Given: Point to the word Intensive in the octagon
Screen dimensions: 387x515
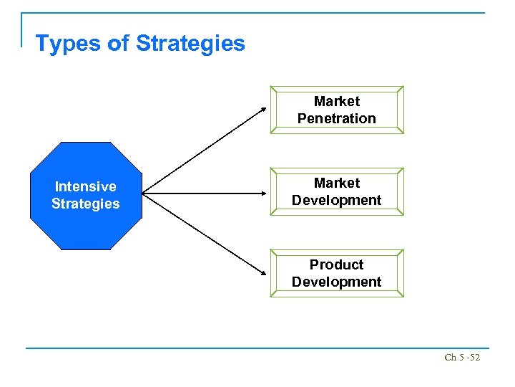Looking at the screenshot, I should point(86,186).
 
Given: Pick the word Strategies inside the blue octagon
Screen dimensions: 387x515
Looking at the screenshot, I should point(86,204).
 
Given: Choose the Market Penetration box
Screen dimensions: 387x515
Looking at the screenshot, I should point(337,110).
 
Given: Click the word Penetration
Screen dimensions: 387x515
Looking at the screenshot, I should point(337,118).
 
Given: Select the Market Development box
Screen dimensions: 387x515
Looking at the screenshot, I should point(337,191).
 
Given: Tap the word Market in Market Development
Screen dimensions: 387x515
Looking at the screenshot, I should point(337,183).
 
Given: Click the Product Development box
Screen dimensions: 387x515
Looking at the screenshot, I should point(337,273).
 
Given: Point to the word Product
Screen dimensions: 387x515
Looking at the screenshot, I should point(337,264).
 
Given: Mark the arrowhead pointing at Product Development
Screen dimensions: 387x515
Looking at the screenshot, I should point(263,272).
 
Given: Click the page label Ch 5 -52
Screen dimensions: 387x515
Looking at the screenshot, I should point(461,356).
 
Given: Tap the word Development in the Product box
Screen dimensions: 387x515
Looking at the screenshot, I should point(337,282).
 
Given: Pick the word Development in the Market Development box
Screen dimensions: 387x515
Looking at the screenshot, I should point(337,200).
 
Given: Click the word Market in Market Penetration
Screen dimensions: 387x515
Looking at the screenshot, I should point(337,101).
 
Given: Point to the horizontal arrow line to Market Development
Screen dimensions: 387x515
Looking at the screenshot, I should point(204,193).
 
